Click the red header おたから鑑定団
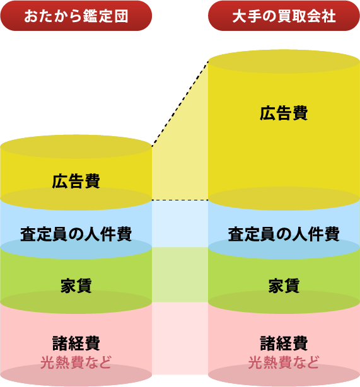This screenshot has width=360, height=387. (76, 16)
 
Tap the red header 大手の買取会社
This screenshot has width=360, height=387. (284, 16)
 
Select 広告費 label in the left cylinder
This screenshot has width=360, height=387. (76, 181)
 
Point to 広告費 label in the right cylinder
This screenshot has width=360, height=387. (284, 113)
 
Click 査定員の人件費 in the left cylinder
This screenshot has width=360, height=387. (76, 234)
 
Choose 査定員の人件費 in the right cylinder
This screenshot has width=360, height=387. (284, 234)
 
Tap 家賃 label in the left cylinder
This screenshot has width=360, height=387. (76, 286)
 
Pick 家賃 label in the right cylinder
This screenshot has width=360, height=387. (284, 286)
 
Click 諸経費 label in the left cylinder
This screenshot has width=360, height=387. (76, 343)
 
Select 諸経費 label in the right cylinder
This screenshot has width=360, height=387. (284, 343)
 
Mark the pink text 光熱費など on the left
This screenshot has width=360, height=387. (76, 362)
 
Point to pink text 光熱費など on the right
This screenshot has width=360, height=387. (284, 362)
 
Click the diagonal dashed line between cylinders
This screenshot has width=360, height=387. (180, 104)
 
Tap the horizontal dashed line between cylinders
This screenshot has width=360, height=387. (180, 200)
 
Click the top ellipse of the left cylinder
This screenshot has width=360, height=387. (76, 146)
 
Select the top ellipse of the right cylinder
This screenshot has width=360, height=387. (284, 61)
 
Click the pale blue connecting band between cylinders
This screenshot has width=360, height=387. (180, 223)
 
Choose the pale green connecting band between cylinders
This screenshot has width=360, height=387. (180, 274)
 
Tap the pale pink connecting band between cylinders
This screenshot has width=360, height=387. (180, 338)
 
